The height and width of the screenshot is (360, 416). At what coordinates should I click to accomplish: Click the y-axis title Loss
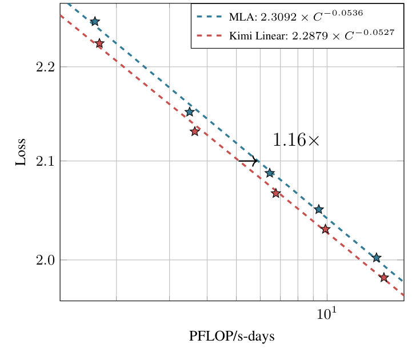(21, 151)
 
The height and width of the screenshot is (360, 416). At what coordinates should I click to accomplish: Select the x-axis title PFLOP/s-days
(232, 337)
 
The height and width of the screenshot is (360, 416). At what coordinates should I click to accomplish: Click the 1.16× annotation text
(296, 140)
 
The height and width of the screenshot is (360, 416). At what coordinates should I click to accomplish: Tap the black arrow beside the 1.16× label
(248, 162)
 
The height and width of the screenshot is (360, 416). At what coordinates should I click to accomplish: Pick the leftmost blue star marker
(95, 22)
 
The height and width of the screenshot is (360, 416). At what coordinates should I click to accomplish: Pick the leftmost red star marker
(99, 43)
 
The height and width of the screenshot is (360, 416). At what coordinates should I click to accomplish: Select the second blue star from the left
(190, 112)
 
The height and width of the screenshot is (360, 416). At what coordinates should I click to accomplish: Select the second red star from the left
(195, 131)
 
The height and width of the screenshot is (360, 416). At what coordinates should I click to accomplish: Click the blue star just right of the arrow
(270, 173)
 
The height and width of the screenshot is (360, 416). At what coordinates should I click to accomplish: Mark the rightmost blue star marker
(377, 258)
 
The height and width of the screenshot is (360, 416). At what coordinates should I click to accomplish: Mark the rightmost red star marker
(384, 278)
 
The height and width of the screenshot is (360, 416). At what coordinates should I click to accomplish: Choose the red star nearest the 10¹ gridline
(325, 229)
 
